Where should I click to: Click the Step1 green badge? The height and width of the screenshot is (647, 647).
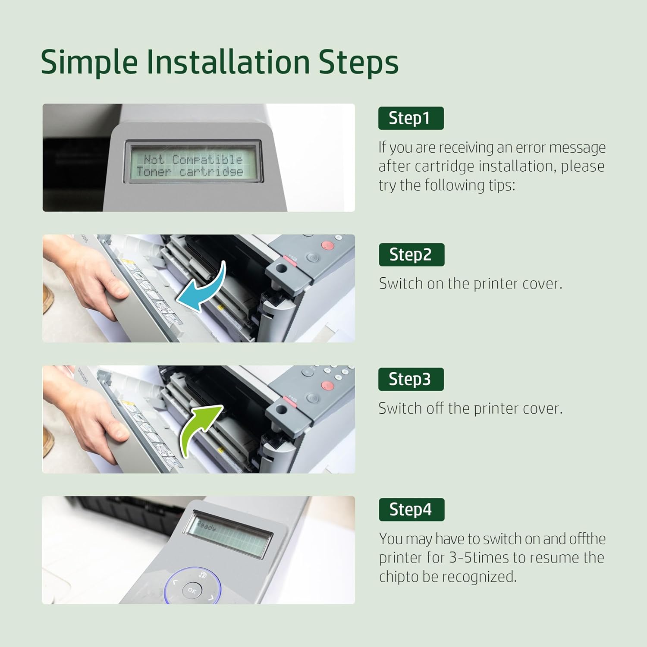click(411, 118)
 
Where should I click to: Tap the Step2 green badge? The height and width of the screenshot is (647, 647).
click(411, 254)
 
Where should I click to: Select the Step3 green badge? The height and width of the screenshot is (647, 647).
click(411, 379)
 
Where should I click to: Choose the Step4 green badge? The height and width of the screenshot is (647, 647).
click(411, 509)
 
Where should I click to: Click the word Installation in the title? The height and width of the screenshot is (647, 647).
click(228, 62)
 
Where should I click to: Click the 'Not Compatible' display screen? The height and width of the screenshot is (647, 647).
click(190, 165)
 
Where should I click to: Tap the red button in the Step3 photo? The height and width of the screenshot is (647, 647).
click(327, 385)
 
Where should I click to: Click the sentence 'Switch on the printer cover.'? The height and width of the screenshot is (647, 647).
click(471, 284)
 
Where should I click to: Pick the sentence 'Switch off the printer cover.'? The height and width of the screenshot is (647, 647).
click(471, 408)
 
